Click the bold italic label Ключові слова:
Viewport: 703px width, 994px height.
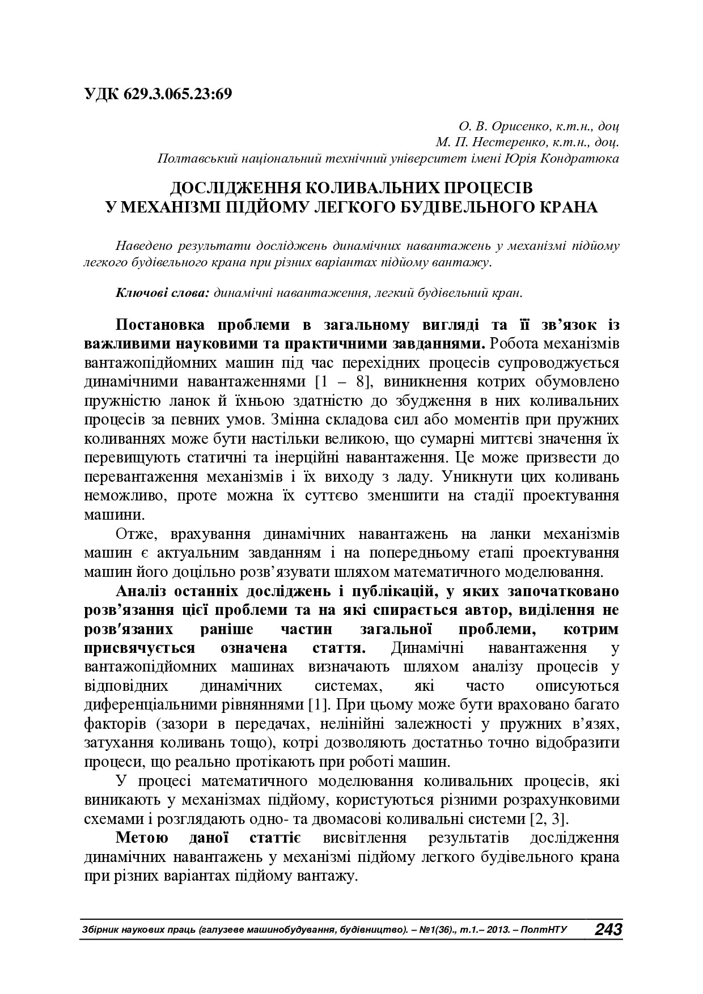(x=163, y=293)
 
